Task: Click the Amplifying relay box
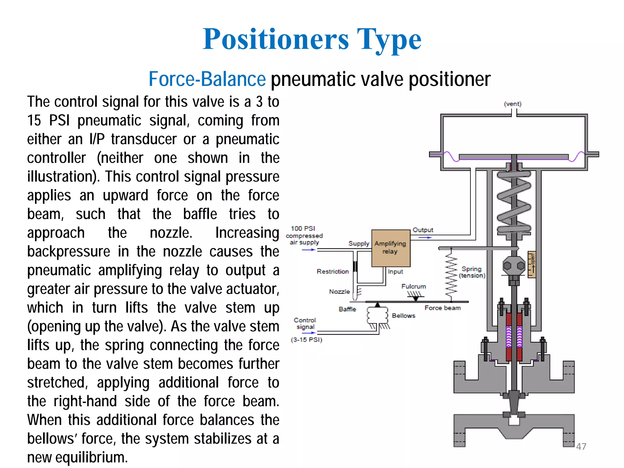click(x=391, y=248)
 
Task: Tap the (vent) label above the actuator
click(x=512, y=104)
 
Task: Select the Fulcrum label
click(x=413, y=286)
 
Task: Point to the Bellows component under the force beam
click(x=377, y=316)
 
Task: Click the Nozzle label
click(x=339, y=292)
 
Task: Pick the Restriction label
click(x=332, y=271)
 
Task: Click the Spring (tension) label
click(x=472, y=272)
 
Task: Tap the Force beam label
click(x=442, y=308)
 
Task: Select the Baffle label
click(x=347, y=309)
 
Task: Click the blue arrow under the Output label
click(x=425, y=237)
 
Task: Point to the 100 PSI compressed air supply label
click(x=304, y=236)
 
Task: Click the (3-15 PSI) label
click(x=307, y=340)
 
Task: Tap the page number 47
click(x=581, y=446)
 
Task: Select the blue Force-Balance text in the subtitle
click(x=207, y=79)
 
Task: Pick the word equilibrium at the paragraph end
click(x=91, y=457)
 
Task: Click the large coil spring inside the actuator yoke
click(x=514, y=201)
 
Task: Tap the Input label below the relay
click(x=395, y=271)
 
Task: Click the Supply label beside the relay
click(x=359, y=243)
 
